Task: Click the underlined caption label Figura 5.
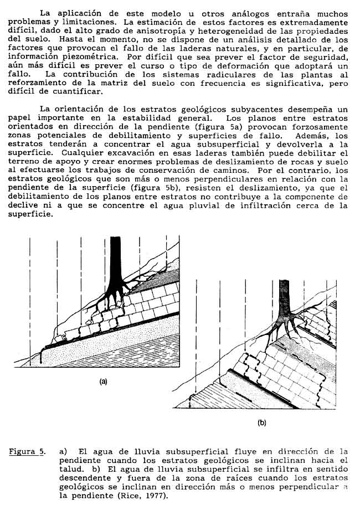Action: (x=27, y=451)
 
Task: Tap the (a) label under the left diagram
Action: (x=103, y=381)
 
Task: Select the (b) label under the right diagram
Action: (x=262, y=423)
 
